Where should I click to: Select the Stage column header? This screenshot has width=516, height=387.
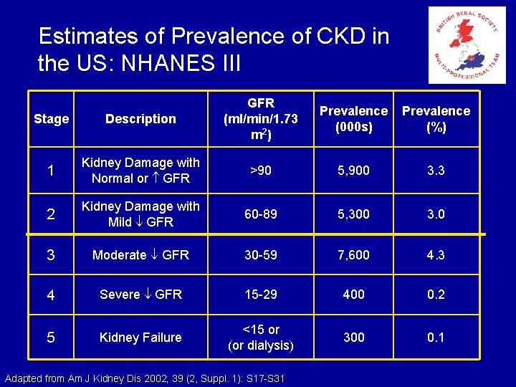click(52, 119)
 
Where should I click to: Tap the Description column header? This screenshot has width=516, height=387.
click(140, 119)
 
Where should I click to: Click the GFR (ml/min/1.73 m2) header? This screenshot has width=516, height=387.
click(261, 119)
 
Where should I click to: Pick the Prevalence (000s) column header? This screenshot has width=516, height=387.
click(353, 119)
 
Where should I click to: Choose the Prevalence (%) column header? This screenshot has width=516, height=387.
click(436, 119)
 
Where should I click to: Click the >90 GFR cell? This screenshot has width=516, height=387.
click(261, 171)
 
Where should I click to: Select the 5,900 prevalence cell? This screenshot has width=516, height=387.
click(353, 171)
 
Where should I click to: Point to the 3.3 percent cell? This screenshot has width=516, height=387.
click(436, 171)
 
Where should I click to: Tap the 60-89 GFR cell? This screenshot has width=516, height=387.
click(261, 214)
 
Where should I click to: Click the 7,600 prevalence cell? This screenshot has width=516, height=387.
click(353, 254)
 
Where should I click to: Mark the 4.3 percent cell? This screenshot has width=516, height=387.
click(436, 254)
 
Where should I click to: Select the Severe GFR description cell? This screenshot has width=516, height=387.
click(140, 294)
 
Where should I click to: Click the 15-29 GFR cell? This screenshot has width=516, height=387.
click(261, 294)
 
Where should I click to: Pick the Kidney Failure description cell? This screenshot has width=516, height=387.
click(140, 337)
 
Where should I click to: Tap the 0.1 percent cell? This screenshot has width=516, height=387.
click(436, 337)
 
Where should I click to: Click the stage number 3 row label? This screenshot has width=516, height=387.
click(51, 254)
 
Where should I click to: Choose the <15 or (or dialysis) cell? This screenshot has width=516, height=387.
click(261, 337)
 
